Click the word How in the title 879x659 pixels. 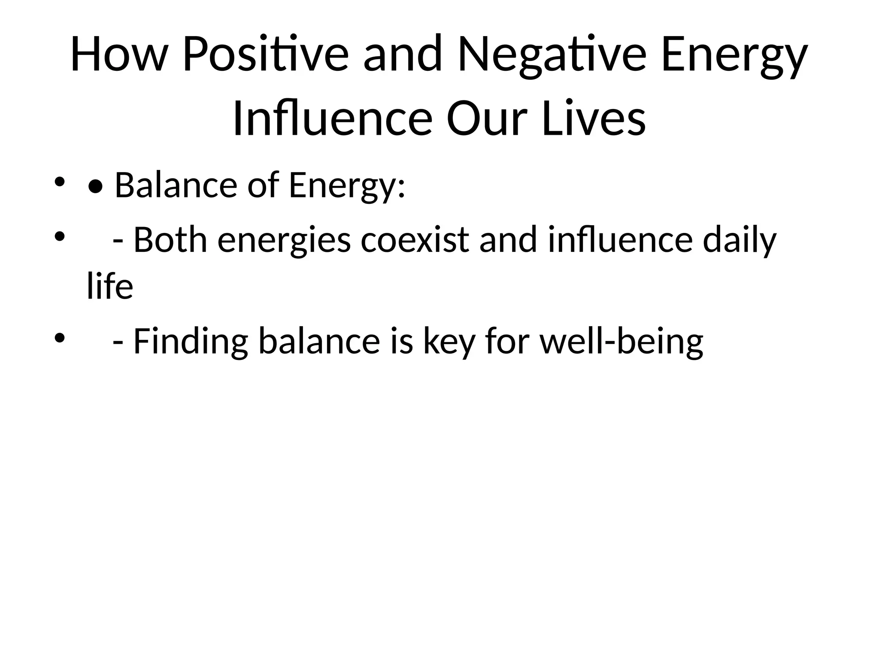(x=118, y=55)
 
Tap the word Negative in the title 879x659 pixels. (x=552, y=55)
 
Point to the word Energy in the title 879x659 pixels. (x=734, y=58)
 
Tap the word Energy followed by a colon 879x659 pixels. (x=346, y=187)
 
